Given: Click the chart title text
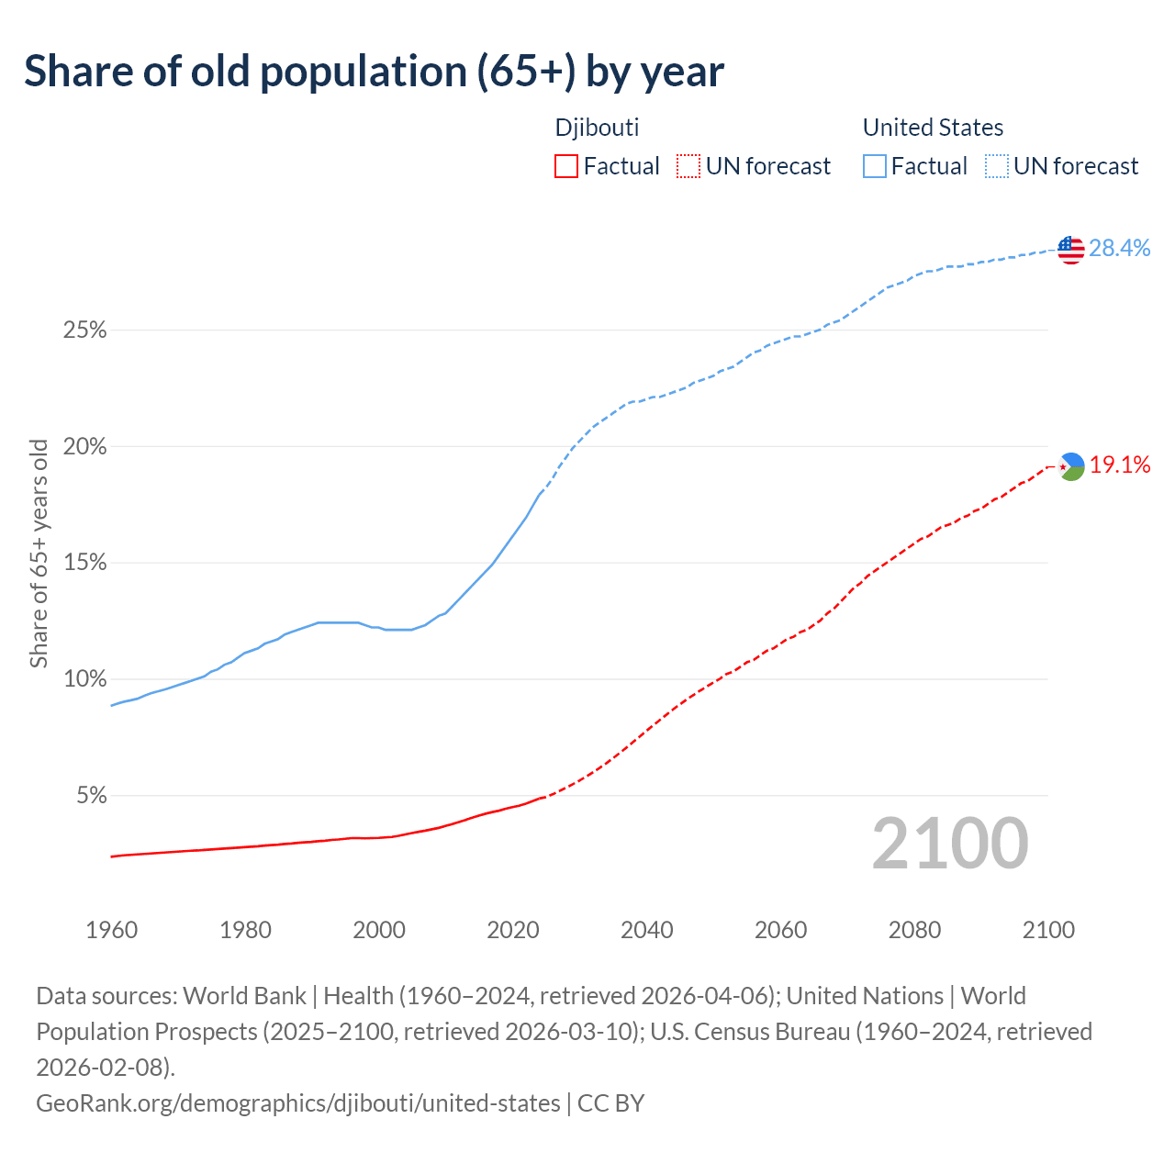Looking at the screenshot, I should pyautogui.click(x=374, y=72).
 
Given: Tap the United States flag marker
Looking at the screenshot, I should pyautogui.click(x=1071, y=249).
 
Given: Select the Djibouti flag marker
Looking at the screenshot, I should pyautogui.click(x=1071, y=466).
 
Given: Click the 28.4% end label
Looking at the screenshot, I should pyautogui.click(x=1120, y=248).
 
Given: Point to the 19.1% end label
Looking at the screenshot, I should pyautogui.click(x=1120, y=465).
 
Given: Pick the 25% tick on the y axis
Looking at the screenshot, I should pyautogui.click(x=85, y=330).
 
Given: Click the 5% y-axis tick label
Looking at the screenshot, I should pyautogui.click(x=92, y=796).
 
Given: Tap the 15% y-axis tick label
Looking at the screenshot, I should pyautogui.click(x=85, y=563).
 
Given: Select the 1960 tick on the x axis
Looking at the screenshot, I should pyautogui.click(x=111, y=930).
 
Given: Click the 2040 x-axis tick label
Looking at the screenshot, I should pyautogui.click(x=647, y=930).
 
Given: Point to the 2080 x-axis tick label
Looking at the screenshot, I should pyautogui.click(x=915, y=930).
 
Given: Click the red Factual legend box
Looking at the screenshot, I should pyautogui.click(x=566, y=166).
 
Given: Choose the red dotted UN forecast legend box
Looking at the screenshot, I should pyautogui.click(x=688, y=166).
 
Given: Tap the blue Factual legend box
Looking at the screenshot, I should pyautogui.click(x=875, y=166).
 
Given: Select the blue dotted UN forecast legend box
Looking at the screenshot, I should pyautogui.click(x=996, y=166).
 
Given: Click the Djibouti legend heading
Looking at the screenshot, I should pyautogui.click(x=597, y=128).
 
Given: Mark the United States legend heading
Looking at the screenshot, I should pyautogui.click(x=933, y=128).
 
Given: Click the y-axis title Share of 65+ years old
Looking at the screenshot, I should pyautogui.click(x=39, y=554).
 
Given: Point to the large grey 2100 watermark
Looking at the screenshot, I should pyautogui.click(x=950, y=844).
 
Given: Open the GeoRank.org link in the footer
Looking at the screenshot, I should pyautogui.click(x=298, y=1102).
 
